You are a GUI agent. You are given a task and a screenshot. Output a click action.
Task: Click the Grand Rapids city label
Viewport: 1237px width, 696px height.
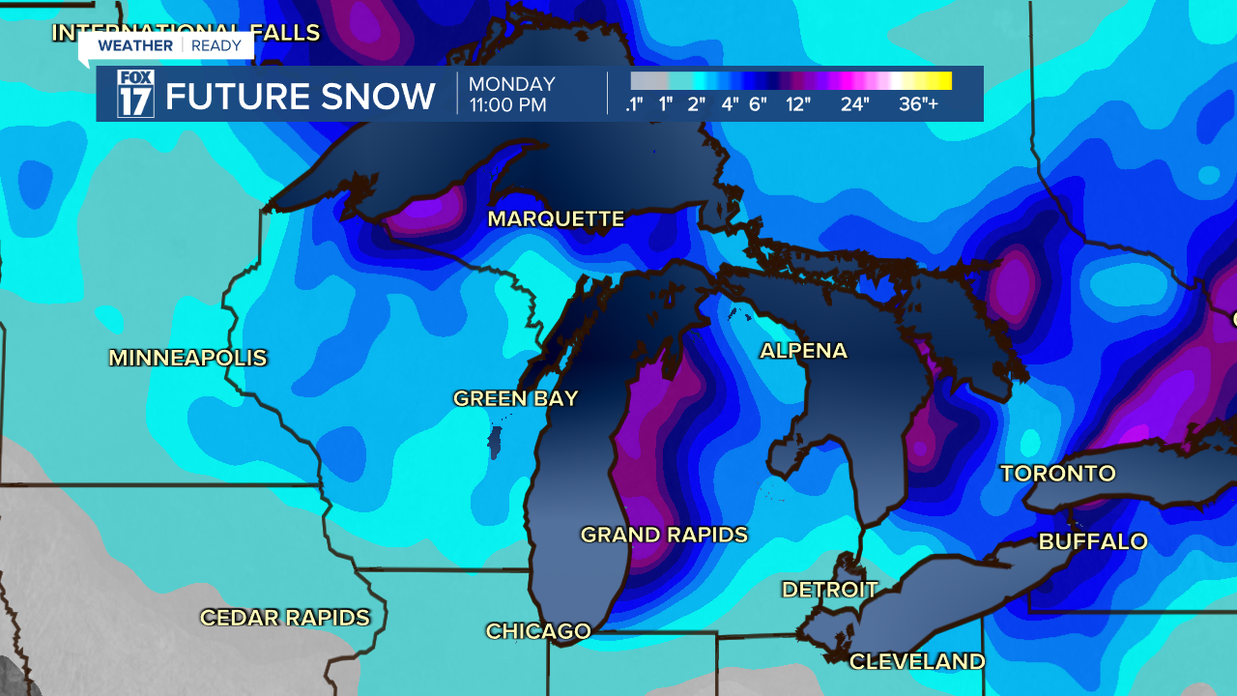(x=664, y=535)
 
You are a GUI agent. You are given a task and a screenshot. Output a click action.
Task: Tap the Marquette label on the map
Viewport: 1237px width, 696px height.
(x=556, y=219)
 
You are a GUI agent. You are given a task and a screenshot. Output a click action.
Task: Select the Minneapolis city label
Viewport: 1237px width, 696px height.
(x=187, y=358)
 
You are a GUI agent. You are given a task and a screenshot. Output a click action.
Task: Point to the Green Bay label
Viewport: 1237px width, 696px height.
(x=515, y=398)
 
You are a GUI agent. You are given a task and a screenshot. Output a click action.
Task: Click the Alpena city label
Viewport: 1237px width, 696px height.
(x=803, y=351)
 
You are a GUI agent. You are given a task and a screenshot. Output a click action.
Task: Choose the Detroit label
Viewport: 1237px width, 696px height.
(x=829, y=590)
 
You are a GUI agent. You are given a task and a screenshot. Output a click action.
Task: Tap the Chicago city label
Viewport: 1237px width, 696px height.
(x=538, y=631)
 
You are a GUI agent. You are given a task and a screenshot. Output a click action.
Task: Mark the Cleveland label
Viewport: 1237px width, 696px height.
(x=916, y=662)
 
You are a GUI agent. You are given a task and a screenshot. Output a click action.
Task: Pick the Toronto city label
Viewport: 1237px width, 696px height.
(x=1057, y=474)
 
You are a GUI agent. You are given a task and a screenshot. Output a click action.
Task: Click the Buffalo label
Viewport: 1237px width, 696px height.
(x=1093, y=541)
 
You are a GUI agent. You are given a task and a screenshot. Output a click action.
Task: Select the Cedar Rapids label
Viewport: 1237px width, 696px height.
(x=285, y=618)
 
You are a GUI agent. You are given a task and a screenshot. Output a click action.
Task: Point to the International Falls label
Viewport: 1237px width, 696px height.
(x=186, y=32)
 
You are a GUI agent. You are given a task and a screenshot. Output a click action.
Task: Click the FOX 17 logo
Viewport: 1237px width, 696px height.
(x=135, y=94)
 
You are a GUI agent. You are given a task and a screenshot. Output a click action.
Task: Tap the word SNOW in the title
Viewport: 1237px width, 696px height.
(x=384, y=97)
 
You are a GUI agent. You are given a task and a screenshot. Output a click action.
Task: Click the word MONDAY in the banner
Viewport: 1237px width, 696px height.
(x=512, y=84)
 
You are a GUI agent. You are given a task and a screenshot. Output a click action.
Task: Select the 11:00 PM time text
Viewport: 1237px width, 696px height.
(x=508, y=104)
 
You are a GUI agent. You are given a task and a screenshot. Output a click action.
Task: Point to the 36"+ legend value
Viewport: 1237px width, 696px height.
(x=918, y=104)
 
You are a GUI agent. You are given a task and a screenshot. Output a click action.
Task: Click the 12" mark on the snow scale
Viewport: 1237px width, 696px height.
(x=797, y=104)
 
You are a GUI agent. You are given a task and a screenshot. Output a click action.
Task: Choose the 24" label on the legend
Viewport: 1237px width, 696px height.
(x=855, y=104)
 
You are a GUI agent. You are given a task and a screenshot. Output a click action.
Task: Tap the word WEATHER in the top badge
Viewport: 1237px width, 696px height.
(x=135, y=45)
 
